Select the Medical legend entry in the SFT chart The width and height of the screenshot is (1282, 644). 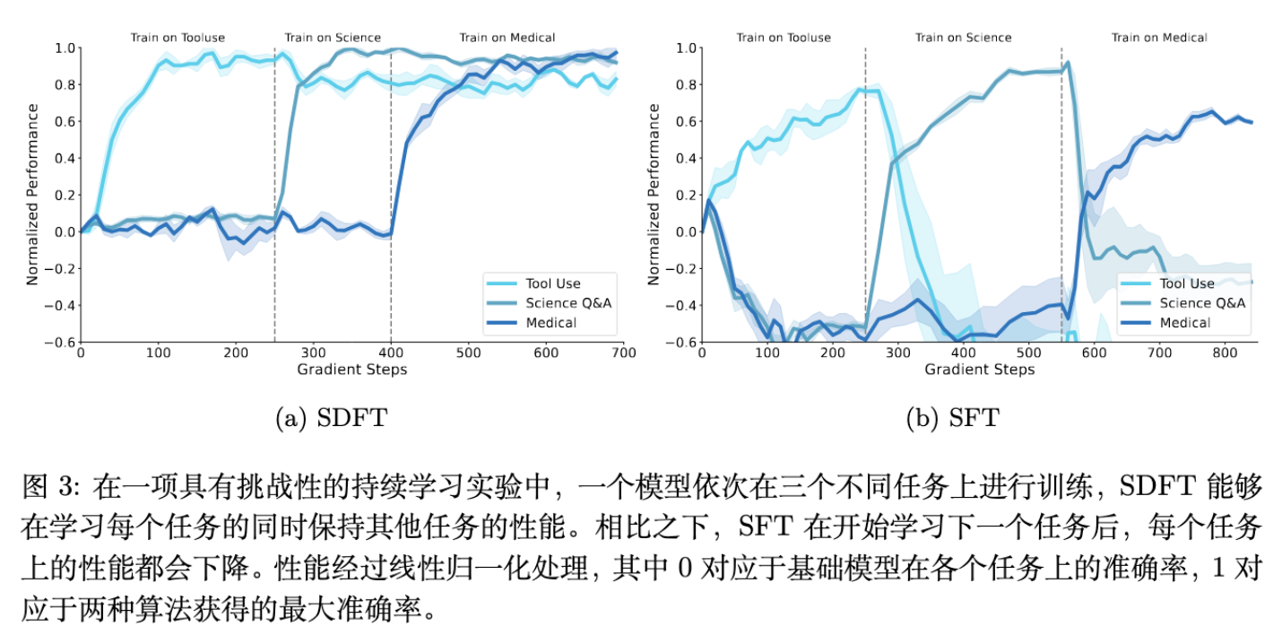pyautogui.click(x=1196, y=323)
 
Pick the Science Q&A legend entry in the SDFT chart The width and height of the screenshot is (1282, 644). pyautogui.click(x=569, y=303)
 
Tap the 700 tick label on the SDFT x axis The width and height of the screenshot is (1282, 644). pyautogui.click(x=624, y=353)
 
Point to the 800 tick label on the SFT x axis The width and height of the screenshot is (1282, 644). pyautogui.click(x=1226, y=353)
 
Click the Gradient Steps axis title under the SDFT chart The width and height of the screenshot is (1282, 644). pyautogui.click(x=352, y=370)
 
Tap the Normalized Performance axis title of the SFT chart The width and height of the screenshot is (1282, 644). pyautogui.click(x=654, y=195)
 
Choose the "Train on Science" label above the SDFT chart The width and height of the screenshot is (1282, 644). pyautogui.click(x=333, y=38)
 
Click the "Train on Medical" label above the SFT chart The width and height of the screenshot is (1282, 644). pyautogui.click(x=1159, y=38)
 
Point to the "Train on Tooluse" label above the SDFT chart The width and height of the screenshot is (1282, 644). pyautogui.click(x=178, y=38)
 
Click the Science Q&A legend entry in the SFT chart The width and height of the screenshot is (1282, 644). pyautogui.click(x=1202, y=303)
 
